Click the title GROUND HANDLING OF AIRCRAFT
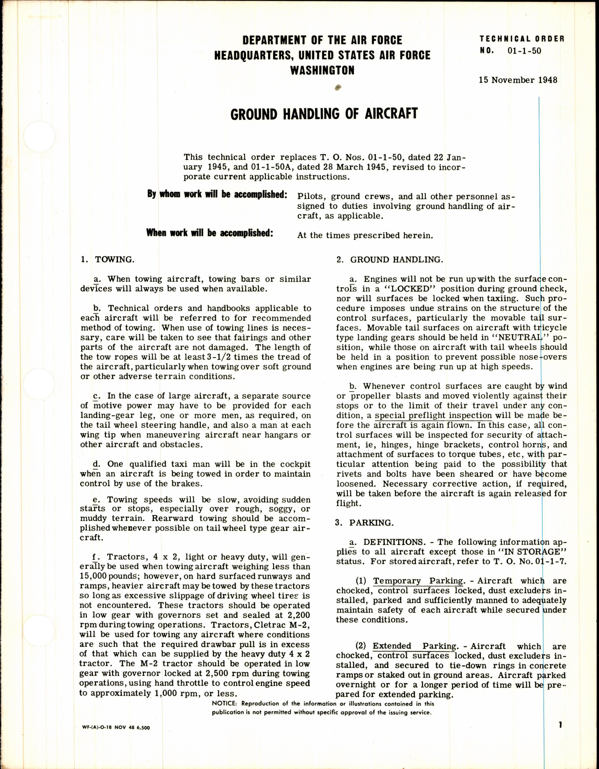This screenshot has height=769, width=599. point(324,114)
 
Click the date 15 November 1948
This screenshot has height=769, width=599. point(518,80)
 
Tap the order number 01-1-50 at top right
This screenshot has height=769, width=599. point(524,51)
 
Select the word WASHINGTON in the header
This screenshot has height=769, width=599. point(322,71)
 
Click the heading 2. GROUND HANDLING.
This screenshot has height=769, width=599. point(390,260)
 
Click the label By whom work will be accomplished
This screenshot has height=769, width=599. point(217,194)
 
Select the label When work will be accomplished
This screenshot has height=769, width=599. point(209,233)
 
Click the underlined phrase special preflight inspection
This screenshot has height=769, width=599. point(433,415)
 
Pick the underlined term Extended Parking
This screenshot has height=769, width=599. point(415,646)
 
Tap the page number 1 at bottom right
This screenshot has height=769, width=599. point(560,738)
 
